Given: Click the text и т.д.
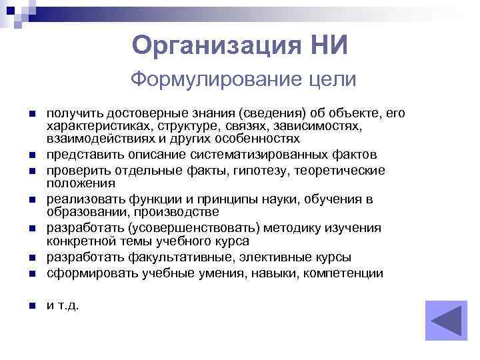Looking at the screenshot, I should point(62,306).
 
